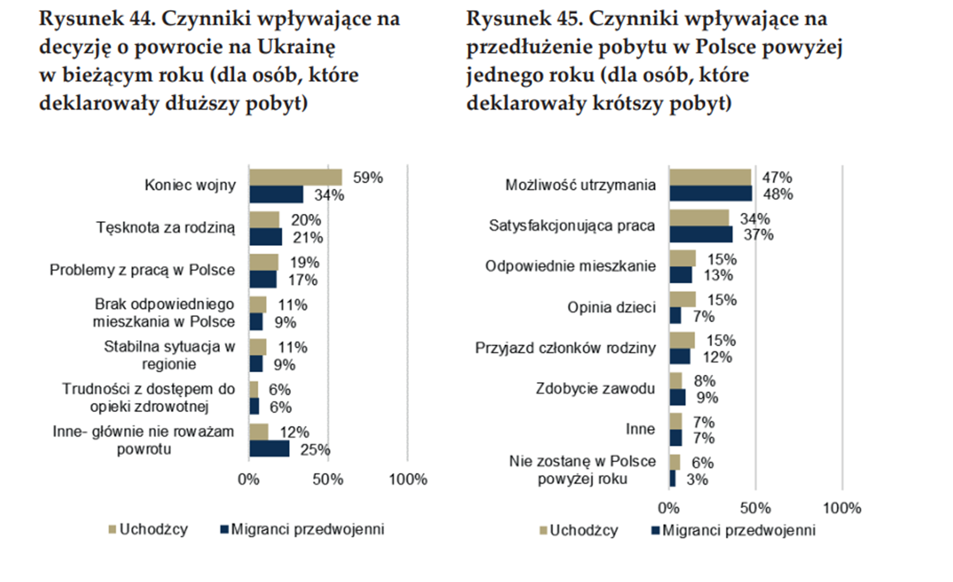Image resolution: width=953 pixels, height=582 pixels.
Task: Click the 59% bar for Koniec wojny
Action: (x=295, y=178)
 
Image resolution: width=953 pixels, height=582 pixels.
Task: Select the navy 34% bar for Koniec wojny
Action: (x=276, y=194)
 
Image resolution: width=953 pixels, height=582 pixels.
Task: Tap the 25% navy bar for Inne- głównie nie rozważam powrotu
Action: (x=269, y=449)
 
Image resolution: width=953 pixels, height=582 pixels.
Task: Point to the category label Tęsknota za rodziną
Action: (x=165, y=227)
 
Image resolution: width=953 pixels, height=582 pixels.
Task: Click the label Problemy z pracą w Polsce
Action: (x=142, y=270)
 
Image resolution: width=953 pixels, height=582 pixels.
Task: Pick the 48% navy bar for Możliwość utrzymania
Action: (x=710, y=194)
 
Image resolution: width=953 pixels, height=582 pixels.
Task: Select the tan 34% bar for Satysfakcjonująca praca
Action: (x=699, y=218)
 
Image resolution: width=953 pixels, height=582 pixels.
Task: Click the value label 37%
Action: (x=758, y=235)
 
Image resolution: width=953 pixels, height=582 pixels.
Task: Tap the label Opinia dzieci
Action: (x=611, y=307)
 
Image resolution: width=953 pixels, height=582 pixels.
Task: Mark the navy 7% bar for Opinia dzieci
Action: (x=675, y=316)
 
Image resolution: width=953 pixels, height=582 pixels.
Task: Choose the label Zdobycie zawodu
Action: (x=595, y=388)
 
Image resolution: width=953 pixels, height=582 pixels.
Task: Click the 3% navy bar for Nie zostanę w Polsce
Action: (x=672, y=479)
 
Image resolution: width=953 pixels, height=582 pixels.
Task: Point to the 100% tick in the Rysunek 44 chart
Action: (x=408, y=479)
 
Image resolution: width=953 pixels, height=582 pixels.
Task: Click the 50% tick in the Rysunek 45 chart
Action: (x=755, y=508)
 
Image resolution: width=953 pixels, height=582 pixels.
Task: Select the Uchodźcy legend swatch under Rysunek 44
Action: (x=112, y=529)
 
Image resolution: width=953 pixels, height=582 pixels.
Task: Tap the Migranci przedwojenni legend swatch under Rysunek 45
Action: (x=655, y=530)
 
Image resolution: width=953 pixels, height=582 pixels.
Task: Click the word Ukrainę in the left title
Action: (x=296, y=47)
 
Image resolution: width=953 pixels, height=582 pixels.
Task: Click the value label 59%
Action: (x=368, y=178)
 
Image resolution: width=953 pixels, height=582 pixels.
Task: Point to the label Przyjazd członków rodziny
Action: (x=565, y=348)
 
